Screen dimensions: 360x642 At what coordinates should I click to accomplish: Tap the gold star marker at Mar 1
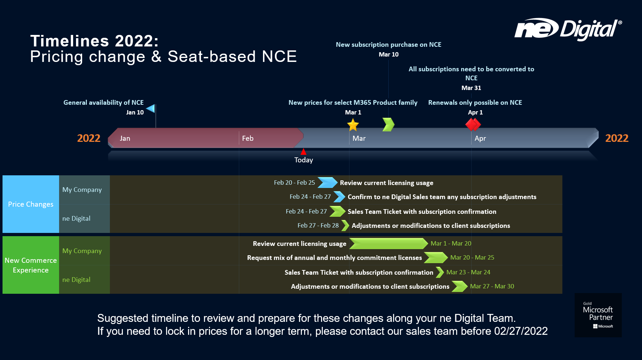[353, 125]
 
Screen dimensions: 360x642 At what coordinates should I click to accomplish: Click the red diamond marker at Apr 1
[473, 125]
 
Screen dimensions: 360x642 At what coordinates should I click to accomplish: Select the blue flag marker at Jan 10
[151, 108]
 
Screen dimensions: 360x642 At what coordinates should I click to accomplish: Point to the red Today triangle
[303, 152]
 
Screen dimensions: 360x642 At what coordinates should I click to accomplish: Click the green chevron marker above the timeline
[388, 125]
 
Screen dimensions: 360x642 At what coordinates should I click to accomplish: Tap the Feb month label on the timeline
[248, 138]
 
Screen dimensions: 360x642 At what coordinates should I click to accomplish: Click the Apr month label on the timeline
[480, 138]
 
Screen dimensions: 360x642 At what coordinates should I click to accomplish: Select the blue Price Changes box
[31, 204]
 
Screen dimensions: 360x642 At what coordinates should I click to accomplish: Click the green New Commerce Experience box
[31, 265]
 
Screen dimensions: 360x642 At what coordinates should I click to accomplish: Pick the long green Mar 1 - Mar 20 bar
[388, 244]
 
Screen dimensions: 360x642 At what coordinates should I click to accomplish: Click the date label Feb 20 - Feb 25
[294, 183]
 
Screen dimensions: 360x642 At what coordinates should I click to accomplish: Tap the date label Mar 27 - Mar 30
[492, 286]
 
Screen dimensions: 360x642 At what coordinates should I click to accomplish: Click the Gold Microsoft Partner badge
[598, 315]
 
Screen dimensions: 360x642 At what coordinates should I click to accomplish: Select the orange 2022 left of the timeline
[89, 138]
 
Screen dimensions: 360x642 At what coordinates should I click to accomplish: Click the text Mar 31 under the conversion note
[471, 88]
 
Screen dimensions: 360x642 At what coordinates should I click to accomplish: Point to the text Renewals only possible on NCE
[475, 103]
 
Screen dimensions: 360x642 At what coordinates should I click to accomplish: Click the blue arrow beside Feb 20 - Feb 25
[327, 183]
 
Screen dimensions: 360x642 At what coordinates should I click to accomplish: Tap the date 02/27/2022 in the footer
[521, 331]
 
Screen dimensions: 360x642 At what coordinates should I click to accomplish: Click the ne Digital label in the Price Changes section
[76, 219]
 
